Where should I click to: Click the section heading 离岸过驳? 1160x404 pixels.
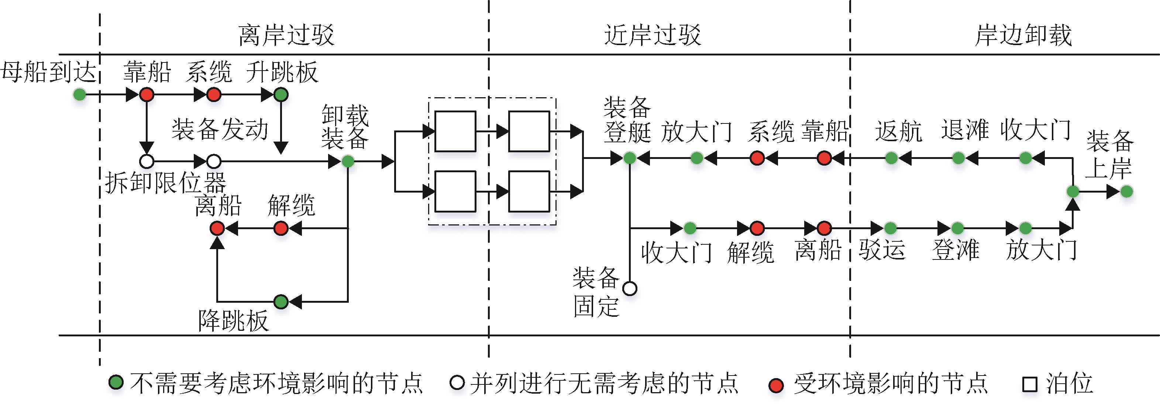click(x=286, y=35)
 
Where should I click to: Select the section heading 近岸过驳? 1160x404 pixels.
click(x=652, y=35)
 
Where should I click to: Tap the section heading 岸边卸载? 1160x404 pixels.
click(x=1023, y=35)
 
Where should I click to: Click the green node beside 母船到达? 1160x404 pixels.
click(x=80, y=95)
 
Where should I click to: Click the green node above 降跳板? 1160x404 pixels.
click(x=281, y=301)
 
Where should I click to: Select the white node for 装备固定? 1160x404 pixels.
click(x=630, y=288)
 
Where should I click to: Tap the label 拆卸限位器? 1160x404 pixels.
click(x=165, y=183)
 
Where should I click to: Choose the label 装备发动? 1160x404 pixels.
click(x=220, y=129)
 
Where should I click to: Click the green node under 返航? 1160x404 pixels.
click(x=891, y=158)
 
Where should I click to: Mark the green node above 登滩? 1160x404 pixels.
click(x=957, y=228)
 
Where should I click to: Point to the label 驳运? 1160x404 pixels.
click(x=882, y=249)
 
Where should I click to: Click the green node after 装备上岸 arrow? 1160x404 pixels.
click(x=1126, y=191)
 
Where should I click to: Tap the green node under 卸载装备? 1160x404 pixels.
click(x=348, y=161)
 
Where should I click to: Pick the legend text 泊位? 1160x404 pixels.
click(x=1069, y=383)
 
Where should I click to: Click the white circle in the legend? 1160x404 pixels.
click(x=457, y=383)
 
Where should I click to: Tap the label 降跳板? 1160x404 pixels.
click(x=233, y=321)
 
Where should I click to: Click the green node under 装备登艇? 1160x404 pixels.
click(x=630, y=158)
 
